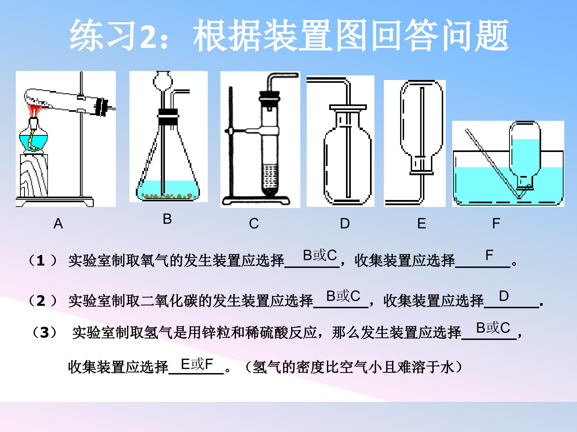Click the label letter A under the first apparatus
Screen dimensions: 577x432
(x=58, y=224)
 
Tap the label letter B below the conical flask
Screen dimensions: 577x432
(x=167, y=219)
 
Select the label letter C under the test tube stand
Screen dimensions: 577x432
(x=254, y=223)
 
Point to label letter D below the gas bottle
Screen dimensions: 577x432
(x=345, y=223)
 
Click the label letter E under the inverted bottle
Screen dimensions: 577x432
(x=422, y=223)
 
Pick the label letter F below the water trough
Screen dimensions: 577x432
(x=496, y=223)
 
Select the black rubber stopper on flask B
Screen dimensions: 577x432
(x=168, y=117)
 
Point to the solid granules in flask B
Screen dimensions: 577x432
(x=167, y=195)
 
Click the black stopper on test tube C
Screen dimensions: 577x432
(x=269, y=96)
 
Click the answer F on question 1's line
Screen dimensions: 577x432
(x=489, y=255)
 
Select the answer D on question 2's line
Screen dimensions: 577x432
(x=504, y=296)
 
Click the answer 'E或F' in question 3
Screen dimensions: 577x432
(x=197, y=364)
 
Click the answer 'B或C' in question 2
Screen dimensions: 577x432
(x=343, y=296)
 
